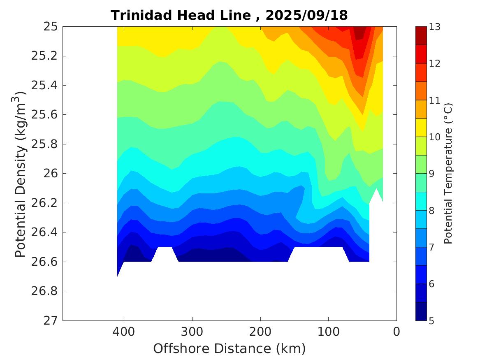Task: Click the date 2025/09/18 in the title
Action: pos(306,16)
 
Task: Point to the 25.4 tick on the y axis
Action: pos(45,86)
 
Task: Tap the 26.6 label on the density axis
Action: pos(45,262)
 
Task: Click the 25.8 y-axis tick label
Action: pos(45,144)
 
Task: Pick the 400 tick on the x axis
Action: pos(124,332)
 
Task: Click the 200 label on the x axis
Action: pos(260,332)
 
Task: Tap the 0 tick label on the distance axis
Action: pos(397,332)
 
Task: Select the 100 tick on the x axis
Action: pos(328,332)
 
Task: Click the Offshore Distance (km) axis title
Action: pos(230,349)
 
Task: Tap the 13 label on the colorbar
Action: pos(435,27)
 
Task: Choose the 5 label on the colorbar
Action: pos(432,321)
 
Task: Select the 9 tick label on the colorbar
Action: pos(432,174)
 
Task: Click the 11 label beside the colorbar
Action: pos(435,100)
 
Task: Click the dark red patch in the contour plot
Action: pos(360,32)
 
